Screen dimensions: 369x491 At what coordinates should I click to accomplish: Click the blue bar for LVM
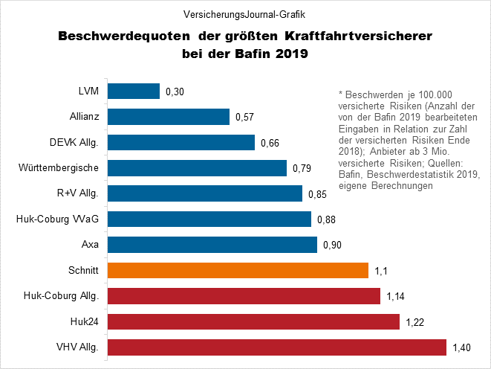[x=134, y=91]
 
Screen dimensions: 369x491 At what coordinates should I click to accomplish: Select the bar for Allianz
[x=169, y=117]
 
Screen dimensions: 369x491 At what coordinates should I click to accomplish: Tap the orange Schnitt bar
[x=238, y=270]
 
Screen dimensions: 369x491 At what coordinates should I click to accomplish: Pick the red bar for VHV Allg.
[x=277, y=347]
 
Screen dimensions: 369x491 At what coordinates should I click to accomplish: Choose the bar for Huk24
[x=254, y=321]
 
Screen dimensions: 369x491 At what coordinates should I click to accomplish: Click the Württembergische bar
[x=198, y=167]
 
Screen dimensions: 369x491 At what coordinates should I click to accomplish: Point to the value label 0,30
[x=174, y=92]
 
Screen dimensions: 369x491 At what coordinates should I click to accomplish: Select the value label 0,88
[x=326, y=219]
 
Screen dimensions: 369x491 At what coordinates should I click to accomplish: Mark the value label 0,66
[x=270, y=143]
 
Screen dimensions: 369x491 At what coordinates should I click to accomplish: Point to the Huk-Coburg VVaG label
[x=57, y=219]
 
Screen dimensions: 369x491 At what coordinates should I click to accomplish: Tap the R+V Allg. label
[x=82, y=193]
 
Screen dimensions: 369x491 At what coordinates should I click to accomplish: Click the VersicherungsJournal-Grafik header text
[x=245, y=13]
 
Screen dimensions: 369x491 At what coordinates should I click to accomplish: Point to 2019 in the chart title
[x=292, y=54]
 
